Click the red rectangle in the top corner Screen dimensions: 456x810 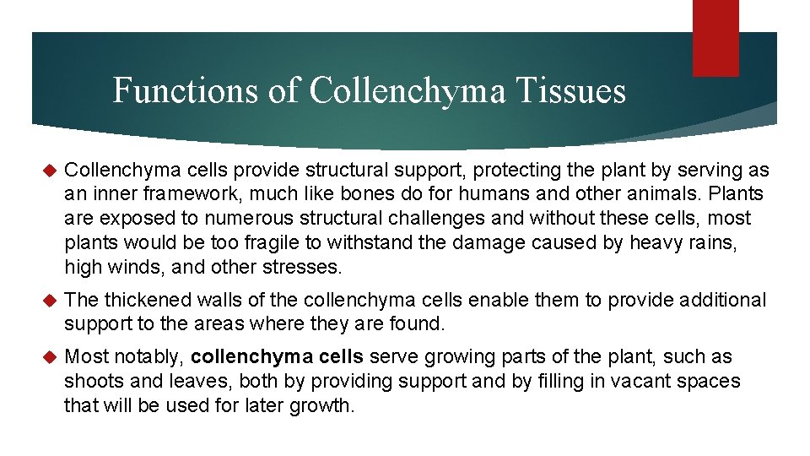[x=715, y=38]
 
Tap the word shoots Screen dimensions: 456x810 [x=90, y=382]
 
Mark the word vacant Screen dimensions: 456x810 [x=642, y=382]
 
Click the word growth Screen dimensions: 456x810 [x=322, y=405]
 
